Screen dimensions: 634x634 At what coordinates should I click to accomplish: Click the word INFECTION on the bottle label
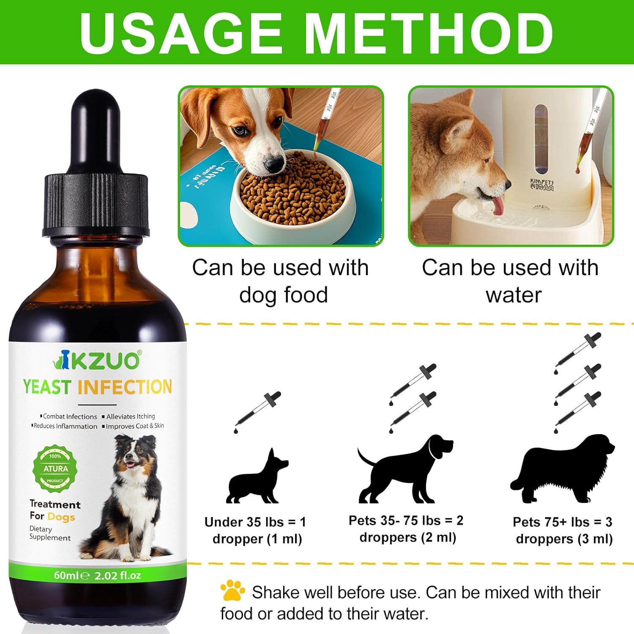point(125,387)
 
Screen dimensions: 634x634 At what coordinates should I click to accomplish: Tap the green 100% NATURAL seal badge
point(55,468)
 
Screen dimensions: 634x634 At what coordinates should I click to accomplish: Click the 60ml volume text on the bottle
point(66,575)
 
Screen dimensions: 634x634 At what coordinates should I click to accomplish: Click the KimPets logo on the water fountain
point(542,185)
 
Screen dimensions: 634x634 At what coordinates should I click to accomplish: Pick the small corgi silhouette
point(256,480)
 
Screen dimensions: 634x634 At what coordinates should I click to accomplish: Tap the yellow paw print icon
point(232,590)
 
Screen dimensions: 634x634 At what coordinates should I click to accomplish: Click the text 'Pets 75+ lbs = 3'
point(562,522)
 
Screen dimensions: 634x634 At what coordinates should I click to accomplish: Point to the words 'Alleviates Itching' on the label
point(130,416)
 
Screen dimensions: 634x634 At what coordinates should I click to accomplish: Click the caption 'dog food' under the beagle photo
point(283,295)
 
